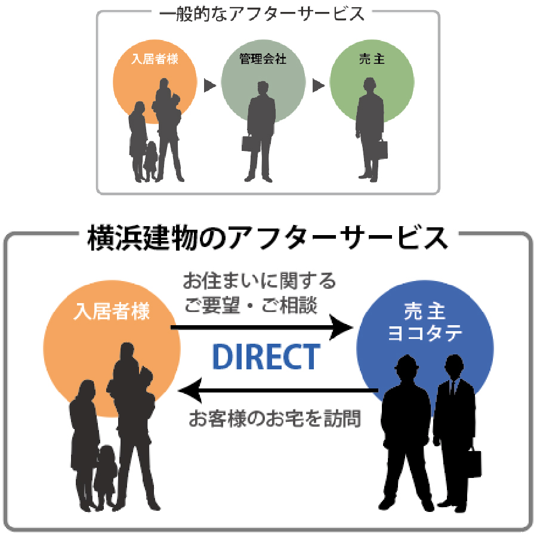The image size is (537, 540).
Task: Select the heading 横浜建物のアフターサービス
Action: tap(267, 239)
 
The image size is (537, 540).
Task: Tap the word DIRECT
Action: tap(267, 357)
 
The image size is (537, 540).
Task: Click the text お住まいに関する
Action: tap(259, 280)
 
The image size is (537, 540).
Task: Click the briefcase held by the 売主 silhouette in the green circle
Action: tap(381, 149)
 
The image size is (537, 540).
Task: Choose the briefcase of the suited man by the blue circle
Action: tap(473, 463)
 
